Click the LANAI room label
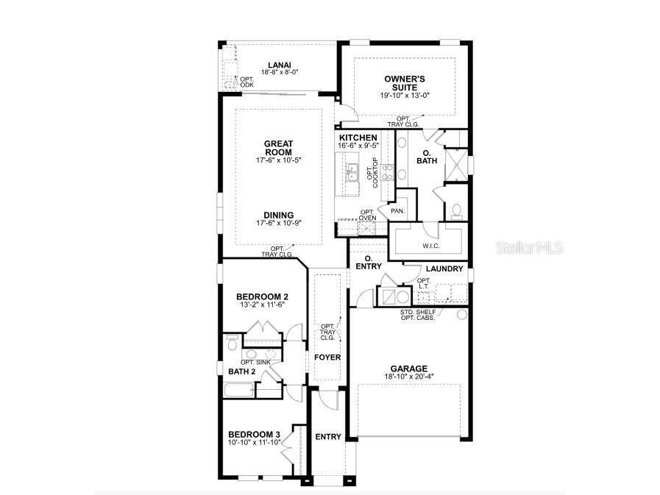click(x=279, y=65)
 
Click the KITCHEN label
click(x=358, y=138)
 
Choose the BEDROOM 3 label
click(x=255, y=433)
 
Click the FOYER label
click(x=327, y=357)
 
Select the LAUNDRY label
click(x=444, y=268)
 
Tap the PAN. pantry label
click(x=398, y=210)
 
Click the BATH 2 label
click(x=242, y=371)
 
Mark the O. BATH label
click(x=426, y=156)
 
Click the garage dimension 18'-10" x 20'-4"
click(x=408, y=377)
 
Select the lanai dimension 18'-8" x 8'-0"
click(x=279, y=73)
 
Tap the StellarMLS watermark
click(x=531, y=248)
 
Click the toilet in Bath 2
click(x=233, y=343)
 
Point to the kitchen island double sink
click(x=353, y=174)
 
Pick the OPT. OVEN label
click(x=368, y=215)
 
